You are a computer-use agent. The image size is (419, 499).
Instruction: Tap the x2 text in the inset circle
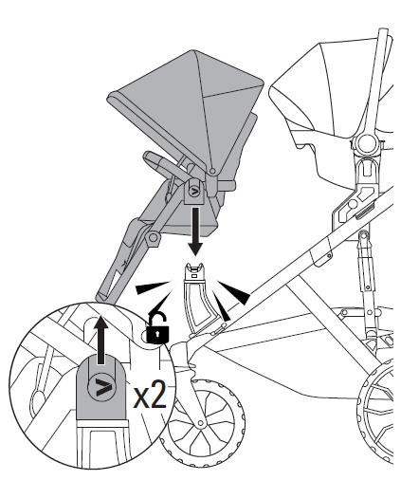coord(150,396)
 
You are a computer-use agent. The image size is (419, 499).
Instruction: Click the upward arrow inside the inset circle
coord(100,340)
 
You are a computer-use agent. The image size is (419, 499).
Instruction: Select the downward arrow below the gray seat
coord(195,231)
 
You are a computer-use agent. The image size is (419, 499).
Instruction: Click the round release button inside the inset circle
coord(102,387)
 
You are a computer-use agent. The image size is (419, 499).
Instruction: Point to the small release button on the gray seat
coord(193,192)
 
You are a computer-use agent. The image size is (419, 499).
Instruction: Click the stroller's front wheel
coord(202,422)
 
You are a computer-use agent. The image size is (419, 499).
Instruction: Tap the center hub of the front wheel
coord(200,423)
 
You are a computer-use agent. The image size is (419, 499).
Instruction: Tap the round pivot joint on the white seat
coord(366,143)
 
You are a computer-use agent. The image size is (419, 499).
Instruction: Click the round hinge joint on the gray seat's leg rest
coord(154,237)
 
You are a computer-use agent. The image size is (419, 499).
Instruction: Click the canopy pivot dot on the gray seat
coord(212,171)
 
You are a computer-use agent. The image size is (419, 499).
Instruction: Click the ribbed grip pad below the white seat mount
coord(365,211)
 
